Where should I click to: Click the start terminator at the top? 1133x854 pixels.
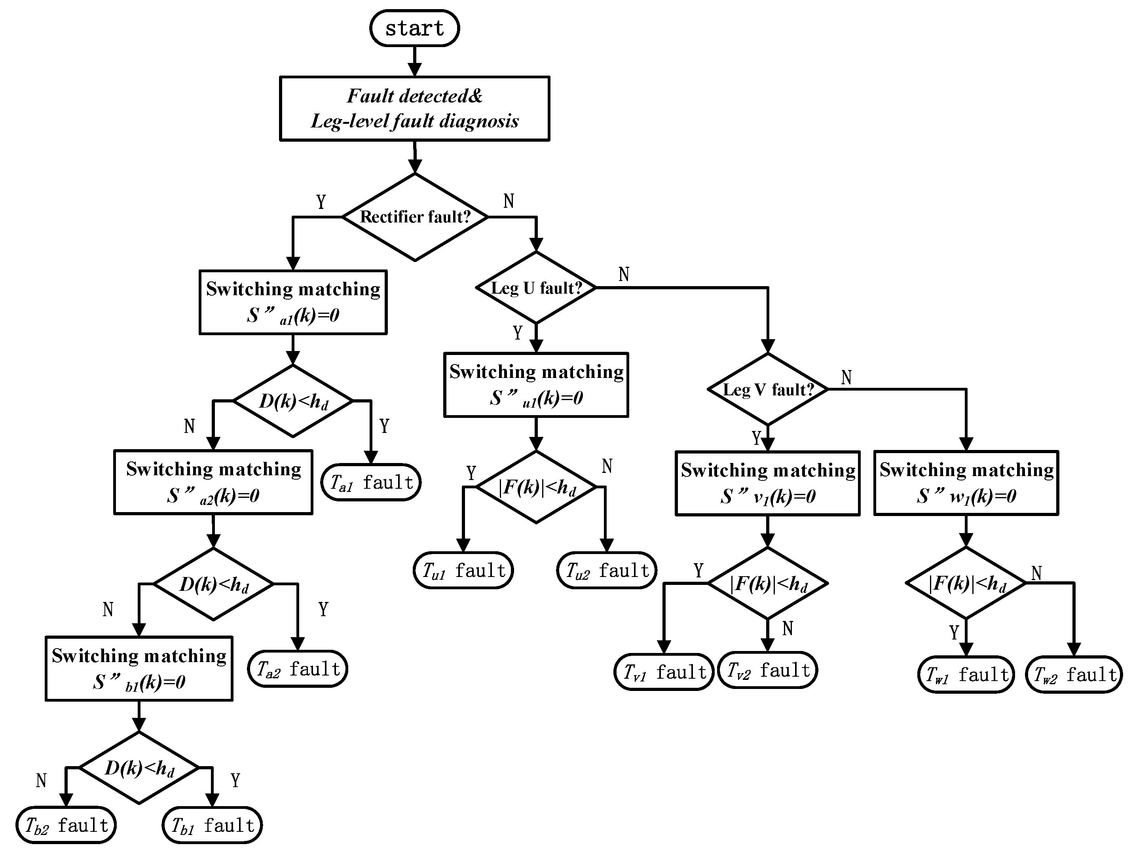pyautogui.click(x=414, y=28)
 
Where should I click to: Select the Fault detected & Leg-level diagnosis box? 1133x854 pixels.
pyautogui.click(x=414, y=108)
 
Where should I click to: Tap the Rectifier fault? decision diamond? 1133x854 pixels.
pyautogui.click(x=414, y=217)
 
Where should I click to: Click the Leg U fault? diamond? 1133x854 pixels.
pyautogui.click(x=536, y=288)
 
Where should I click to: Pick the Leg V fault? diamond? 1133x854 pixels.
pyautogui.click(x=767, y=390)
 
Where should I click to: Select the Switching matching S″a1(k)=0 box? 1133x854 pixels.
pyautogui.click(x=292, y=302)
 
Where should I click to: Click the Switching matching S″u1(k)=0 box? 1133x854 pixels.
pyautogui.click(x=536, y=385)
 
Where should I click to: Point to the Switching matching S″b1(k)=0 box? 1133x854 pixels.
pyautogui.click(x=139, y=668)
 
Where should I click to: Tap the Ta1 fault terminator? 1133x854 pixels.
pyautogui.click(x=371, y=482)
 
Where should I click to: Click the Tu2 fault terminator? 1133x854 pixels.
pyautogui.click(x=606, y=570)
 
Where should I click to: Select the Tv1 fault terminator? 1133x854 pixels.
pyautogui.click(x=663, y=672)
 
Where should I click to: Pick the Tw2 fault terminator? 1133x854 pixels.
pyautogui.click(x=1074, y=674)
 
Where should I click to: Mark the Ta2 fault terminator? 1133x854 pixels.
pyautogui.click(x=297, y=668)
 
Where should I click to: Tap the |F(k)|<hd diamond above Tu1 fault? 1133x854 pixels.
pyautogui.click(x=536, y=487)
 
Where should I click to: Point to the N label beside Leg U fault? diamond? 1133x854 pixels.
pyautogui.click(x=623, y=275)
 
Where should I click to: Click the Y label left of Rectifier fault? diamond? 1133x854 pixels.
pyautogui.click(x=321, y=202)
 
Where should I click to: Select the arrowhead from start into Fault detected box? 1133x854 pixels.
pyautogui.click(x=414, y=70)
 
